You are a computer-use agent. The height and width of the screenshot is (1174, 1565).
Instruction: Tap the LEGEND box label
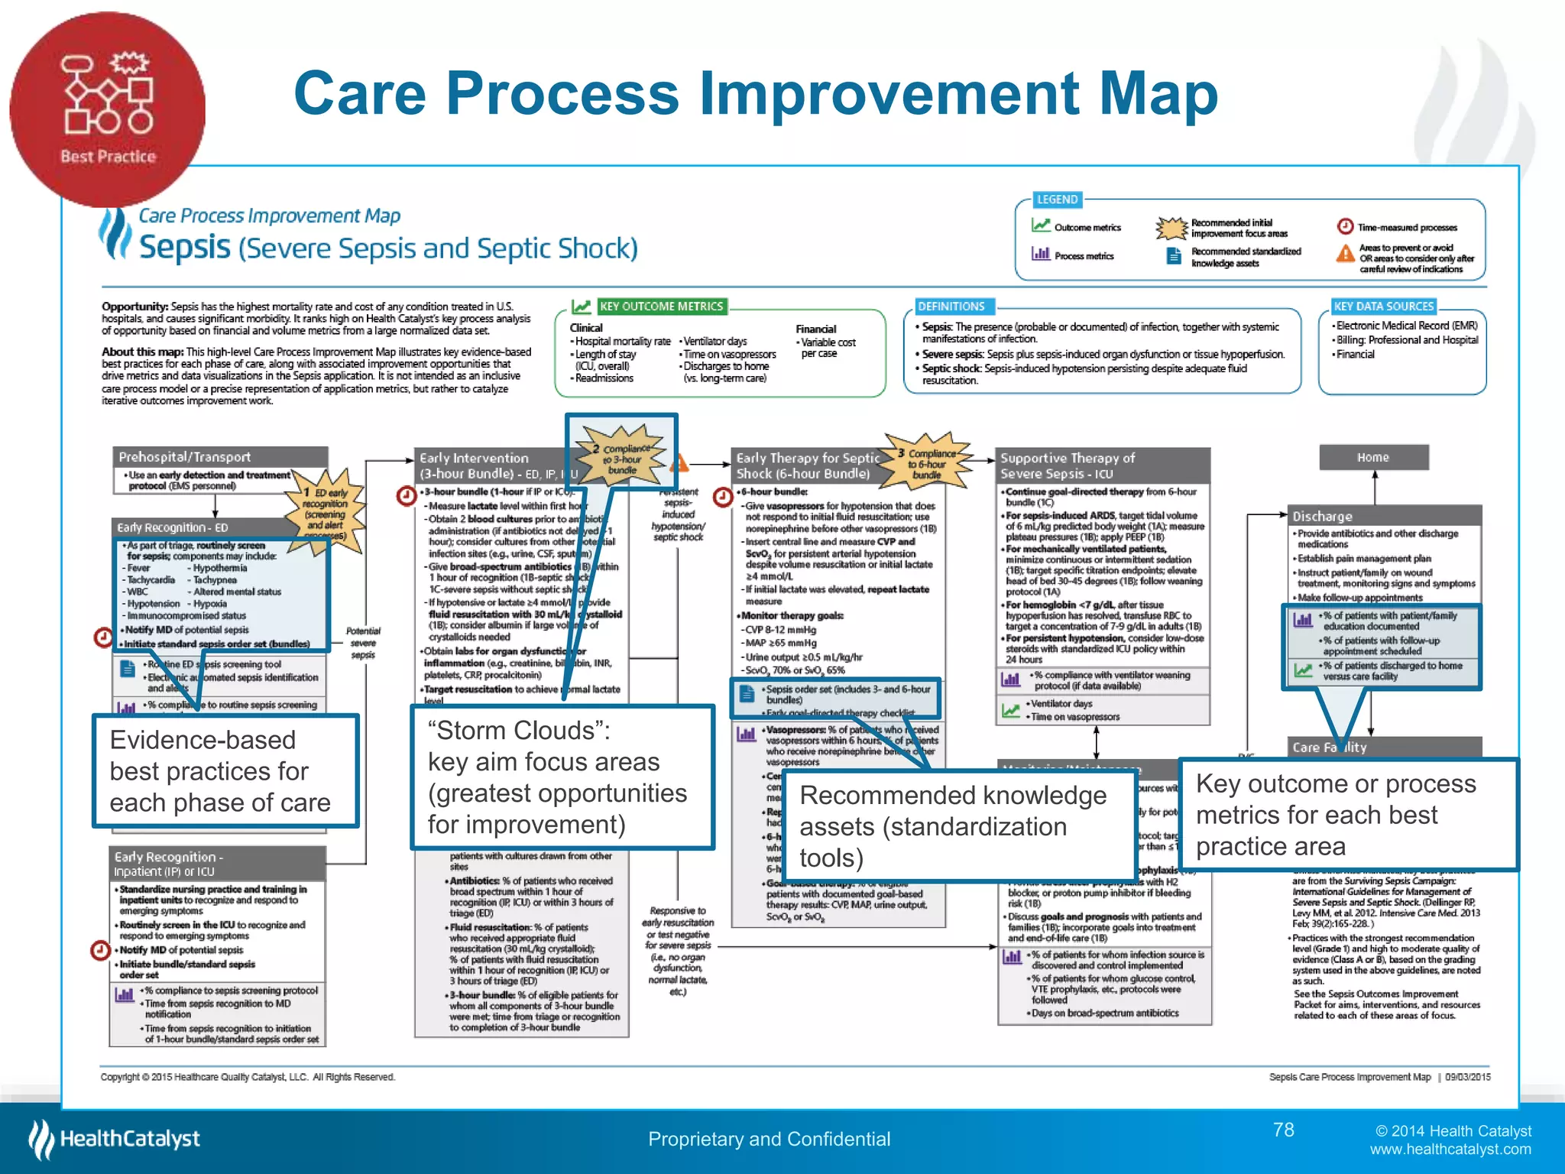pos(1057,199)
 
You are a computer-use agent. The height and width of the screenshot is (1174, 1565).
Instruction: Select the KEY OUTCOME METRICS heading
pos(661,306)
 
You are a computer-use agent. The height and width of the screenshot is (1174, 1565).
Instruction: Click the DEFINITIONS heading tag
pos(951,306)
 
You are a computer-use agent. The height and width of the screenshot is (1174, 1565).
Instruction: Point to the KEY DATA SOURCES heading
pos(1383,306)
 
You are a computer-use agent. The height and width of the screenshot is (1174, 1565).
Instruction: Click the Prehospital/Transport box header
pos(220,457)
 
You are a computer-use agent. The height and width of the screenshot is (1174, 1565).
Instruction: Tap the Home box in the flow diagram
pos(1373,457)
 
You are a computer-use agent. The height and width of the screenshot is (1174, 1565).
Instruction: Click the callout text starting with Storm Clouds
pos(562,777)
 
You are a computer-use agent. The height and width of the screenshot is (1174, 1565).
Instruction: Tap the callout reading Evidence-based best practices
pos(225,771)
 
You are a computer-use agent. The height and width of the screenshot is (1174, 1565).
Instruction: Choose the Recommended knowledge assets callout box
pos(957,826)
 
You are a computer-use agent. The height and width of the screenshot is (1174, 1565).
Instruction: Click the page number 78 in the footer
pos(1283,1130)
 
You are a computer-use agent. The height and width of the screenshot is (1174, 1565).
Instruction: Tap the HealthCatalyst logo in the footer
pos(115,1139)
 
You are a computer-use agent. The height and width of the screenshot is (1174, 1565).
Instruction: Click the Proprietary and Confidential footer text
pos(769,1139)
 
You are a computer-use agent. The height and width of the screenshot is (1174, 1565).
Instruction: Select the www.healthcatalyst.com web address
pos(1450,1150)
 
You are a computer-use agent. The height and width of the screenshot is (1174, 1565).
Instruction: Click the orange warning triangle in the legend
pos(1345,253)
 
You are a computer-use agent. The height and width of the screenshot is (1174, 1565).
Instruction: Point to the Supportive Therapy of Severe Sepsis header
pos(1102,465)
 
